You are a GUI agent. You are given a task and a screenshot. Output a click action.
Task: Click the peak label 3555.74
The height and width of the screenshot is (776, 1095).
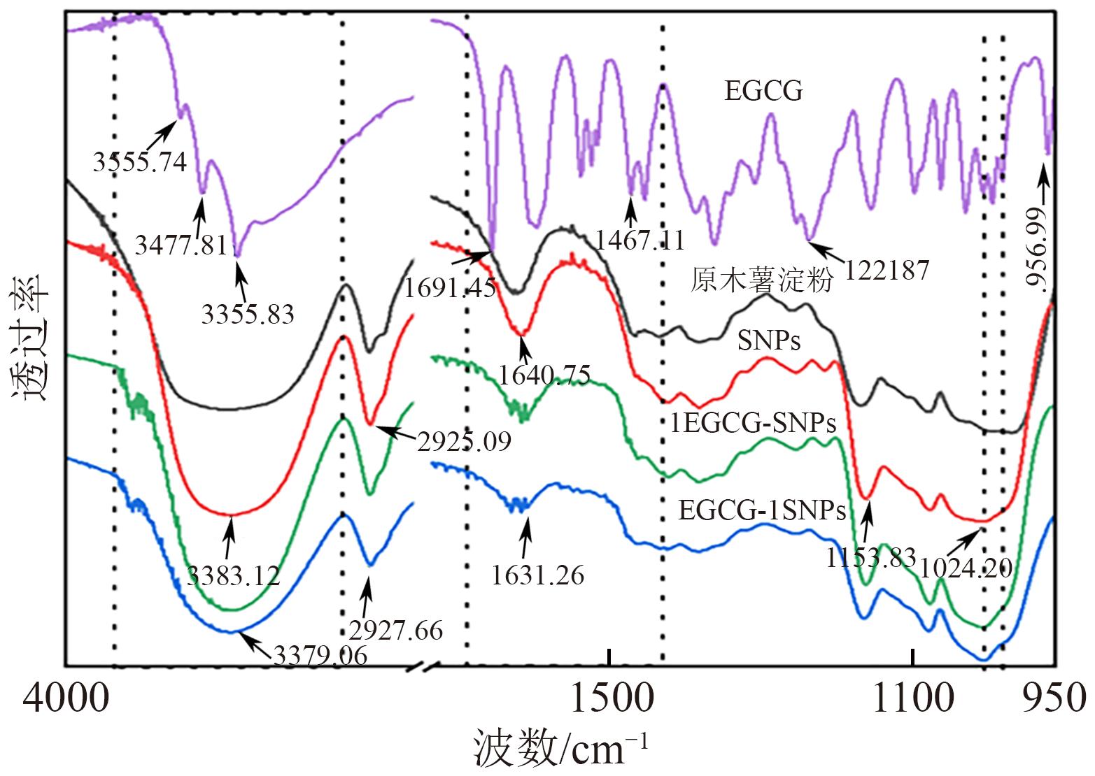click(140, 162)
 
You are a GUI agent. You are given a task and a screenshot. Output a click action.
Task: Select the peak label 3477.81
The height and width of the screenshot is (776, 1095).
click(181, 245)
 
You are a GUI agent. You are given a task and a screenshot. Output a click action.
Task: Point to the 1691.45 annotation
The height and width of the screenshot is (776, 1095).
click(450, 287)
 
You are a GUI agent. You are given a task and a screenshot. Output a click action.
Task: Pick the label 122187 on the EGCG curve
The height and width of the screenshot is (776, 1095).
click(886, 270)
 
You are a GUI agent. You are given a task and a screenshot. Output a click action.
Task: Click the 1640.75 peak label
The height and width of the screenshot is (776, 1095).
click(544, 375)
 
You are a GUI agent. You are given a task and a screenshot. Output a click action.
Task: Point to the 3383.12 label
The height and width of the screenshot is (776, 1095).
click(234, 575)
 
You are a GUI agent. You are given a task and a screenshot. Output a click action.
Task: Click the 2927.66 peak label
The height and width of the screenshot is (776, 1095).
click(396, 630)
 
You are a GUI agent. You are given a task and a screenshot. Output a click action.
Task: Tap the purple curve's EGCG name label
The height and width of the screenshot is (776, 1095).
click(763, 92)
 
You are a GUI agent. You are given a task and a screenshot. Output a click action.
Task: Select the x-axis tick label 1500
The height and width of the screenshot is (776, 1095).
click(610, 698)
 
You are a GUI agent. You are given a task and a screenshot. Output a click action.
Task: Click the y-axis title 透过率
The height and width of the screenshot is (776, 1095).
click(30, 338)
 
